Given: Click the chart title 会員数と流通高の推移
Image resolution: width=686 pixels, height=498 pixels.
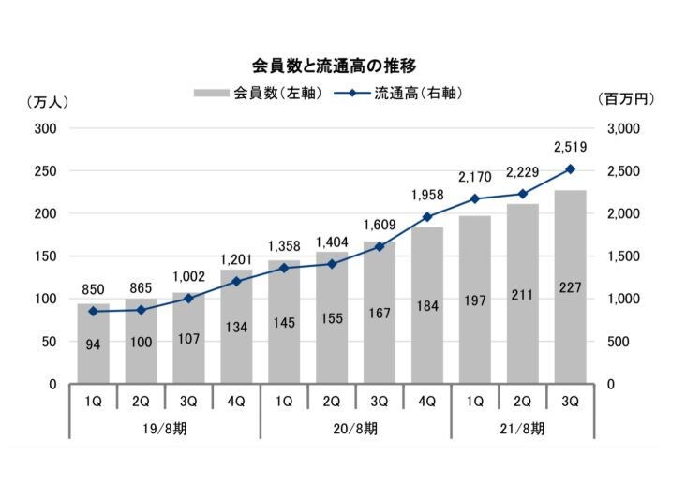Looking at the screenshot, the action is [334, 66].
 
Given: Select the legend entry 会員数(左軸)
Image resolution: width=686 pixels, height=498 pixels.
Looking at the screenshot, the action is [258, 93].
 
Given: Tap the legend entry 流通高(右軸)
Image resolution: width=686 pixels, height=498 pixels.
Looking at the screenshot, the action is [398, 93].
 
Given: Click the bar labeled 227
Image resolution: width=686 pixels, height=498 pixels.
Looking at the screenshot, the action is [570, 287].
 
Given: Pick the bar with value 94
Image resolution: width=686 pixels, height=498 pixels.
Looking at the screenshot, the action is [93, 344].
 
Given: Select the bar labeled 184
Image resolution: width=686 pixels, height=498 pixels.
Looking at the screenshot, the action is [427, 305].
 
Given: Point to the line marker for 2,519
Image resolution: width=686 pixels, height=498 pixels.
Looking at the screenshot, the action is [570, 169].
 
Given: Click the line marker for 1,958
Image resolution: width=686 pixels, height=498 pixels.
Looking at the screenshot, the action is [427, 216].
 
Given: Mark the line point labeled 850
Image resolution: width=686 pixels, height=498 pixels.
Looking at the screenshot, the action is [93, 312].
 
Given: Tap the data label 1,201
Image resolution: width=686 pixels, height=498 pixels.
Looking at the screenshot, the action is [236, 260].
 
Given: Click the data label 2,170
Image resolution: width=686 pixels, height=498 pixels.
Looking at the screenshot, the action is [475, 177].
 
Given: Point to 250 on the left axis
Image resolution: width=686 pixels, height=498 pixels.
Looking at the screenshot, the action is [46, 171].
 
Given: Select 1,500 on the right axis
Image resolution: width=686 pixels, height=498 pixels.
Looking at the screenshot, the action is [623, 256].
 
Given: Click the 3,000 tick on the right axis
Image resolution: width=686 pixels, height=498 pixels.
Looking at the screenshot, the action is [623, 129].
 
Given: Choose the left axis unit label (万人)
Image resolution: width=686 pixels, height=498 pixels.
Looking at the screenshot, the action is [47, 103].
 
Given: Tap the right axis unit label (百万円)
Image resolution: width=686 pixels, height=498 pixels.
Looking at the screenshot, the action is [626, 99].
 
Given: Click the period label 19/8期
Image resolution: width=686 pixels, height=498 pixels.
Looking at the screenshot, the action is [165, 429].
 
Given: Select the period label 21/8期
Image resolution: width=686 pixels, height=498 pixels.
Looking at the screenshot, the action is [522, 429].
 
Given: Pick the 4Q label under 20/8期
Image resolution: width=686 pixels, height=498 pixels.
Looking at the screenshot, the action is [427, 401].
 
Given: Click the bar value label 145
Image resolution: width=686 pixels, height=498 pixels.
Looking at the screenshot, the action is [284, 323].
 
